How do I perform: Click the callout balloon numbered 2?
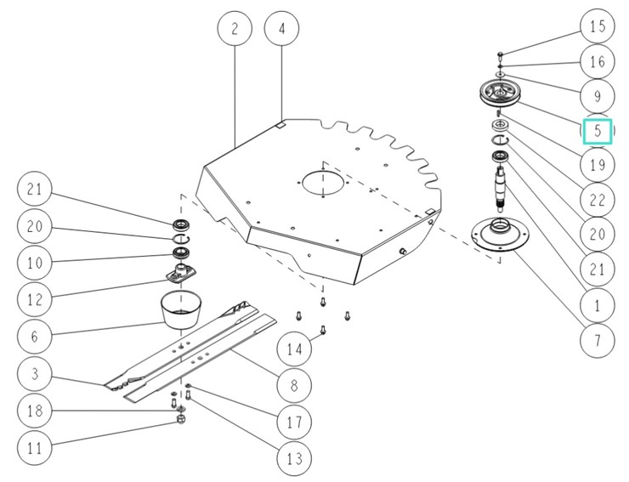(235, 28)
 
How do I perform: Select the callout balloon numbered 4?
(282, 28)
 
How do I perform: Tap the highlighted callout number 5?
(598, 132)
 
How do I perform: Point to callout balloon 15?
(598, 26)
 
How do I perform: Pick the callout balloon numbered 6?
(34, 337)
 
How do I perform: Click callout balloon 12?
(34, 299)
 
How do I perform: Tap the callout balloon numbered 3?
(34, 374)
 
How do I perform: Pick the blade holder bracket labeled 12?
(181, 275)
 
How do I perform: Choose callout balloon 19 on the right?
(598, 165)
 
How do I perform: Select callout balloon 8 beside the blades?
(294, 385)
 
